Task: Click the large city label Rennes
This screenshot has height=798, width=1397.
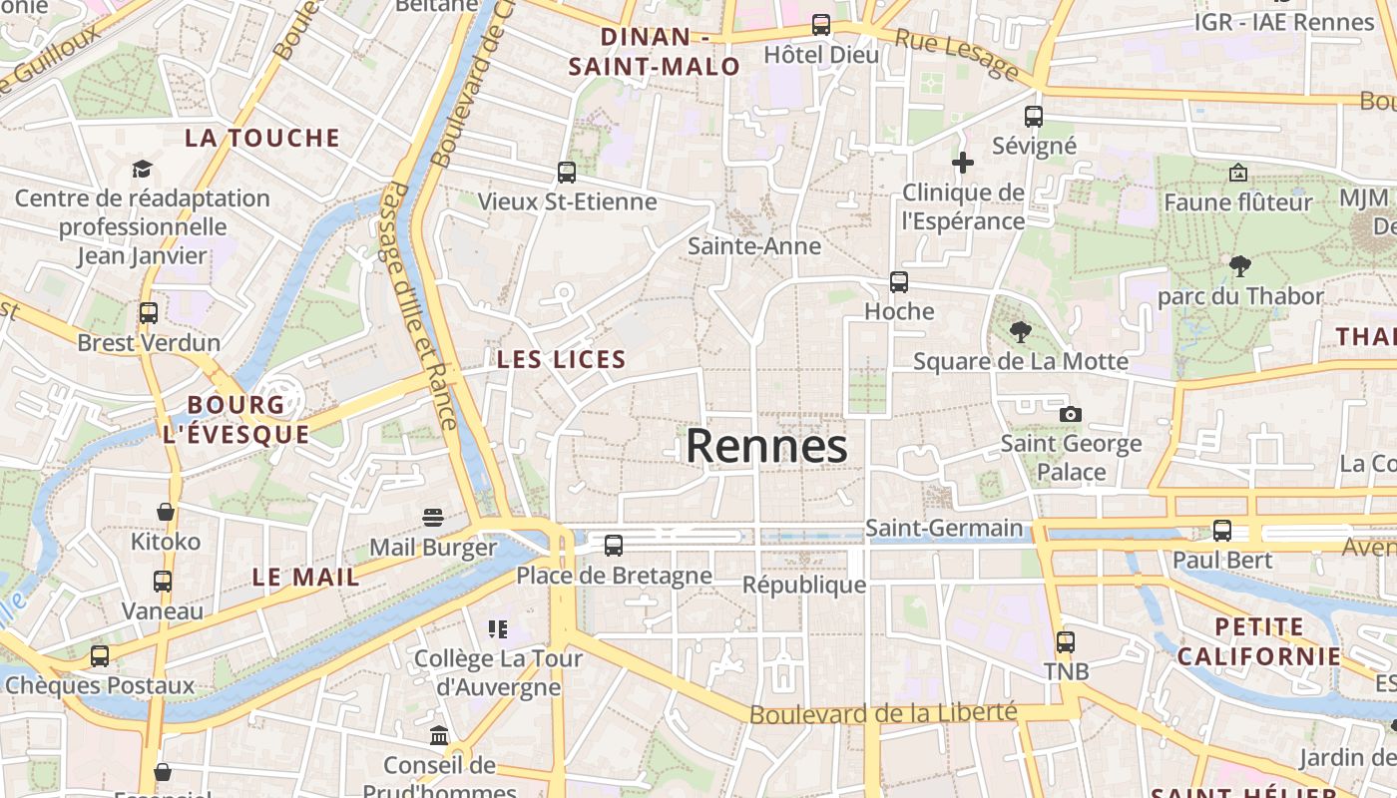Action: click(766, 446)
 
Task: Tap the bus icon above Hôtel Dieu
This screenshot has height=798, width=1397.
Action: click(821, 25)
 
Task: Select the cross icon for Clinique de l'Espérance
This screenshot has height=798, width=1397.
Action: click(963, 162)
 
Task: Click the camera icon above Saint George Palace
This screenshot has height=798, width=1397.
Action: click(1071, 414)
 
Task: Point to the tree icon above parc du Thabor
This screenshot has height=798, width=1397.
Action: click(1240, 266)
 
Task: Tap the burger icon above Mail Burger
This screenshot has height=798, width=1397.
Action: click(432, 518)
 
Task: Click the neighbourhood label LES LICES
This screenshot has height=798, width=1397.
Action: click(562, 359)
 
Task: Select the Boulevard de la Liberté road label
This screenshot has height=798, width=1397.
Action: click(883, 713)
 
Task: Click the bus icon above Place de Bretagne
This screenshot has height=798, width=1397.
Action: click(614, 546)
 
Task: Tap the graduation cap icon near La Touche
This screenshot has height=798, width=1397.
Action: click(142, 169)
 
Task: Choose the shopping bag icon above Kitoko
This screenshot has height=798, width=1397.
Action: click(166, 512)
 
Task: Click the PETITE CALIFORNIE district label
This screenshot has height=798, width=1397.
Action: click(1258, 641)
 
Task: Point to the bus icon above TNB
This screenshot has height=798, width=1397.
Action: click(1066, 641)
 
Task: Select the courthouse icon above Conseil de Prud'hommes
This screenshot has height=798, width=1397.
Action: click(439, 736)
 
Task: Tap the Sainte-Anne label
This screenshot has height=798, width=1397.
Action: click(754, 245)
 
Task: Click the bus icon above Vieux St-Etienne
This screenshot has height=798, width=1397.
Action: click(567, 172)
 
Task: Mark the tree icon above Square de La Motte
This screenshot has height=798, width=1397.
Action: click(1020, 331)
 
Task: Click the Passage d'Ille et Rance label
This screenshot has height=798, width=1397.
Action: click(420, 305)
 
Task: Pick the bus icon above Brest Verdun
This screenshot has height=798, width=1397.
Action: click(149, 313)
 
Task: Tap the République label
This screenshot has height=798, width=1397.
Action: click(804, 584)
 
